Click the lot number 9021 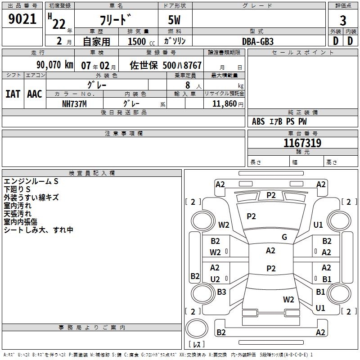pyautogui.click(x=22, y=19)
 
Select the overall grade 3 pyautogui.click(x=343, y=21)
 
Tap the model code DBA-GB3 pyautogui.click(x=258, y=41)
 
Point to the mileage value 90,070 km pyautogui.click(x=54, y=65)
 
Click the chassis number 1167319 pyautogui.click(x=302, y=143)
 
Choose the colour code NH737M pyautogui.click(x=74, y=104)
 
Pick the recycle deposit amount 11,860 pyautogui.click(x=224, y=104)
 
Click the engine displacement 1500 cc pyautogui.click(x=141, y=41)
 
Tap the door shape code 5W pyautogui.click(x=174, y=20)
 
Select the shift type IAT pyautogui.click(x=13, y=94)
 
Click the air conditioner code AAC pyautogui.click(x=35, y=94)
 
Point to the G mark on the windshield pyautogui.click(x=284, y=237)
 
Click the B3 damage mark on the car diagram pyautogui.click(x=221, y=292)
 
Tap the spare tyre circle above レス pyautogui.click(x=197, y=328)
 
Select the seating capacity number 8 pyautogui.click(x=188, y=85)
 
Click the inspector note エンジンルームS pyautogui.click(x=31, y=181)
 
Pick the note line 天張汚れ pyautogui.click(x=18, y=214)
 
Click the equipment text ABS pyautogui.click(x=258, y=121)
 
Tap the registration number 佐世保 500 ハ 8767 pyautogui.click(x=166, y=65)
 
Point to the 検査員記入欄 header pyautogui.click(x=92, y=173)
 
